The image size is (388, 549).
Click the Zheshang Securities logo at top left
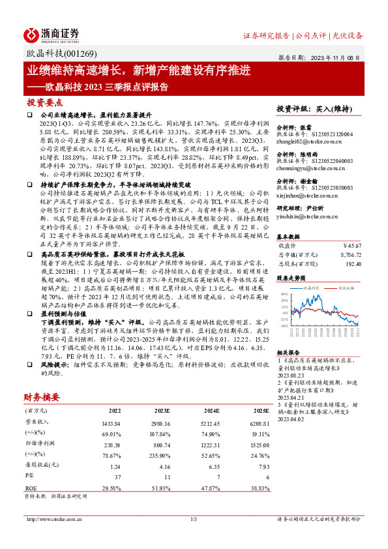[52, 34]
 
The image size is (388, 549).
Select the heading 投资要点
[45, 102]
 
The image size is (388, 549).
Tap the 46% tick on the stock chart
[284, 294]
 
